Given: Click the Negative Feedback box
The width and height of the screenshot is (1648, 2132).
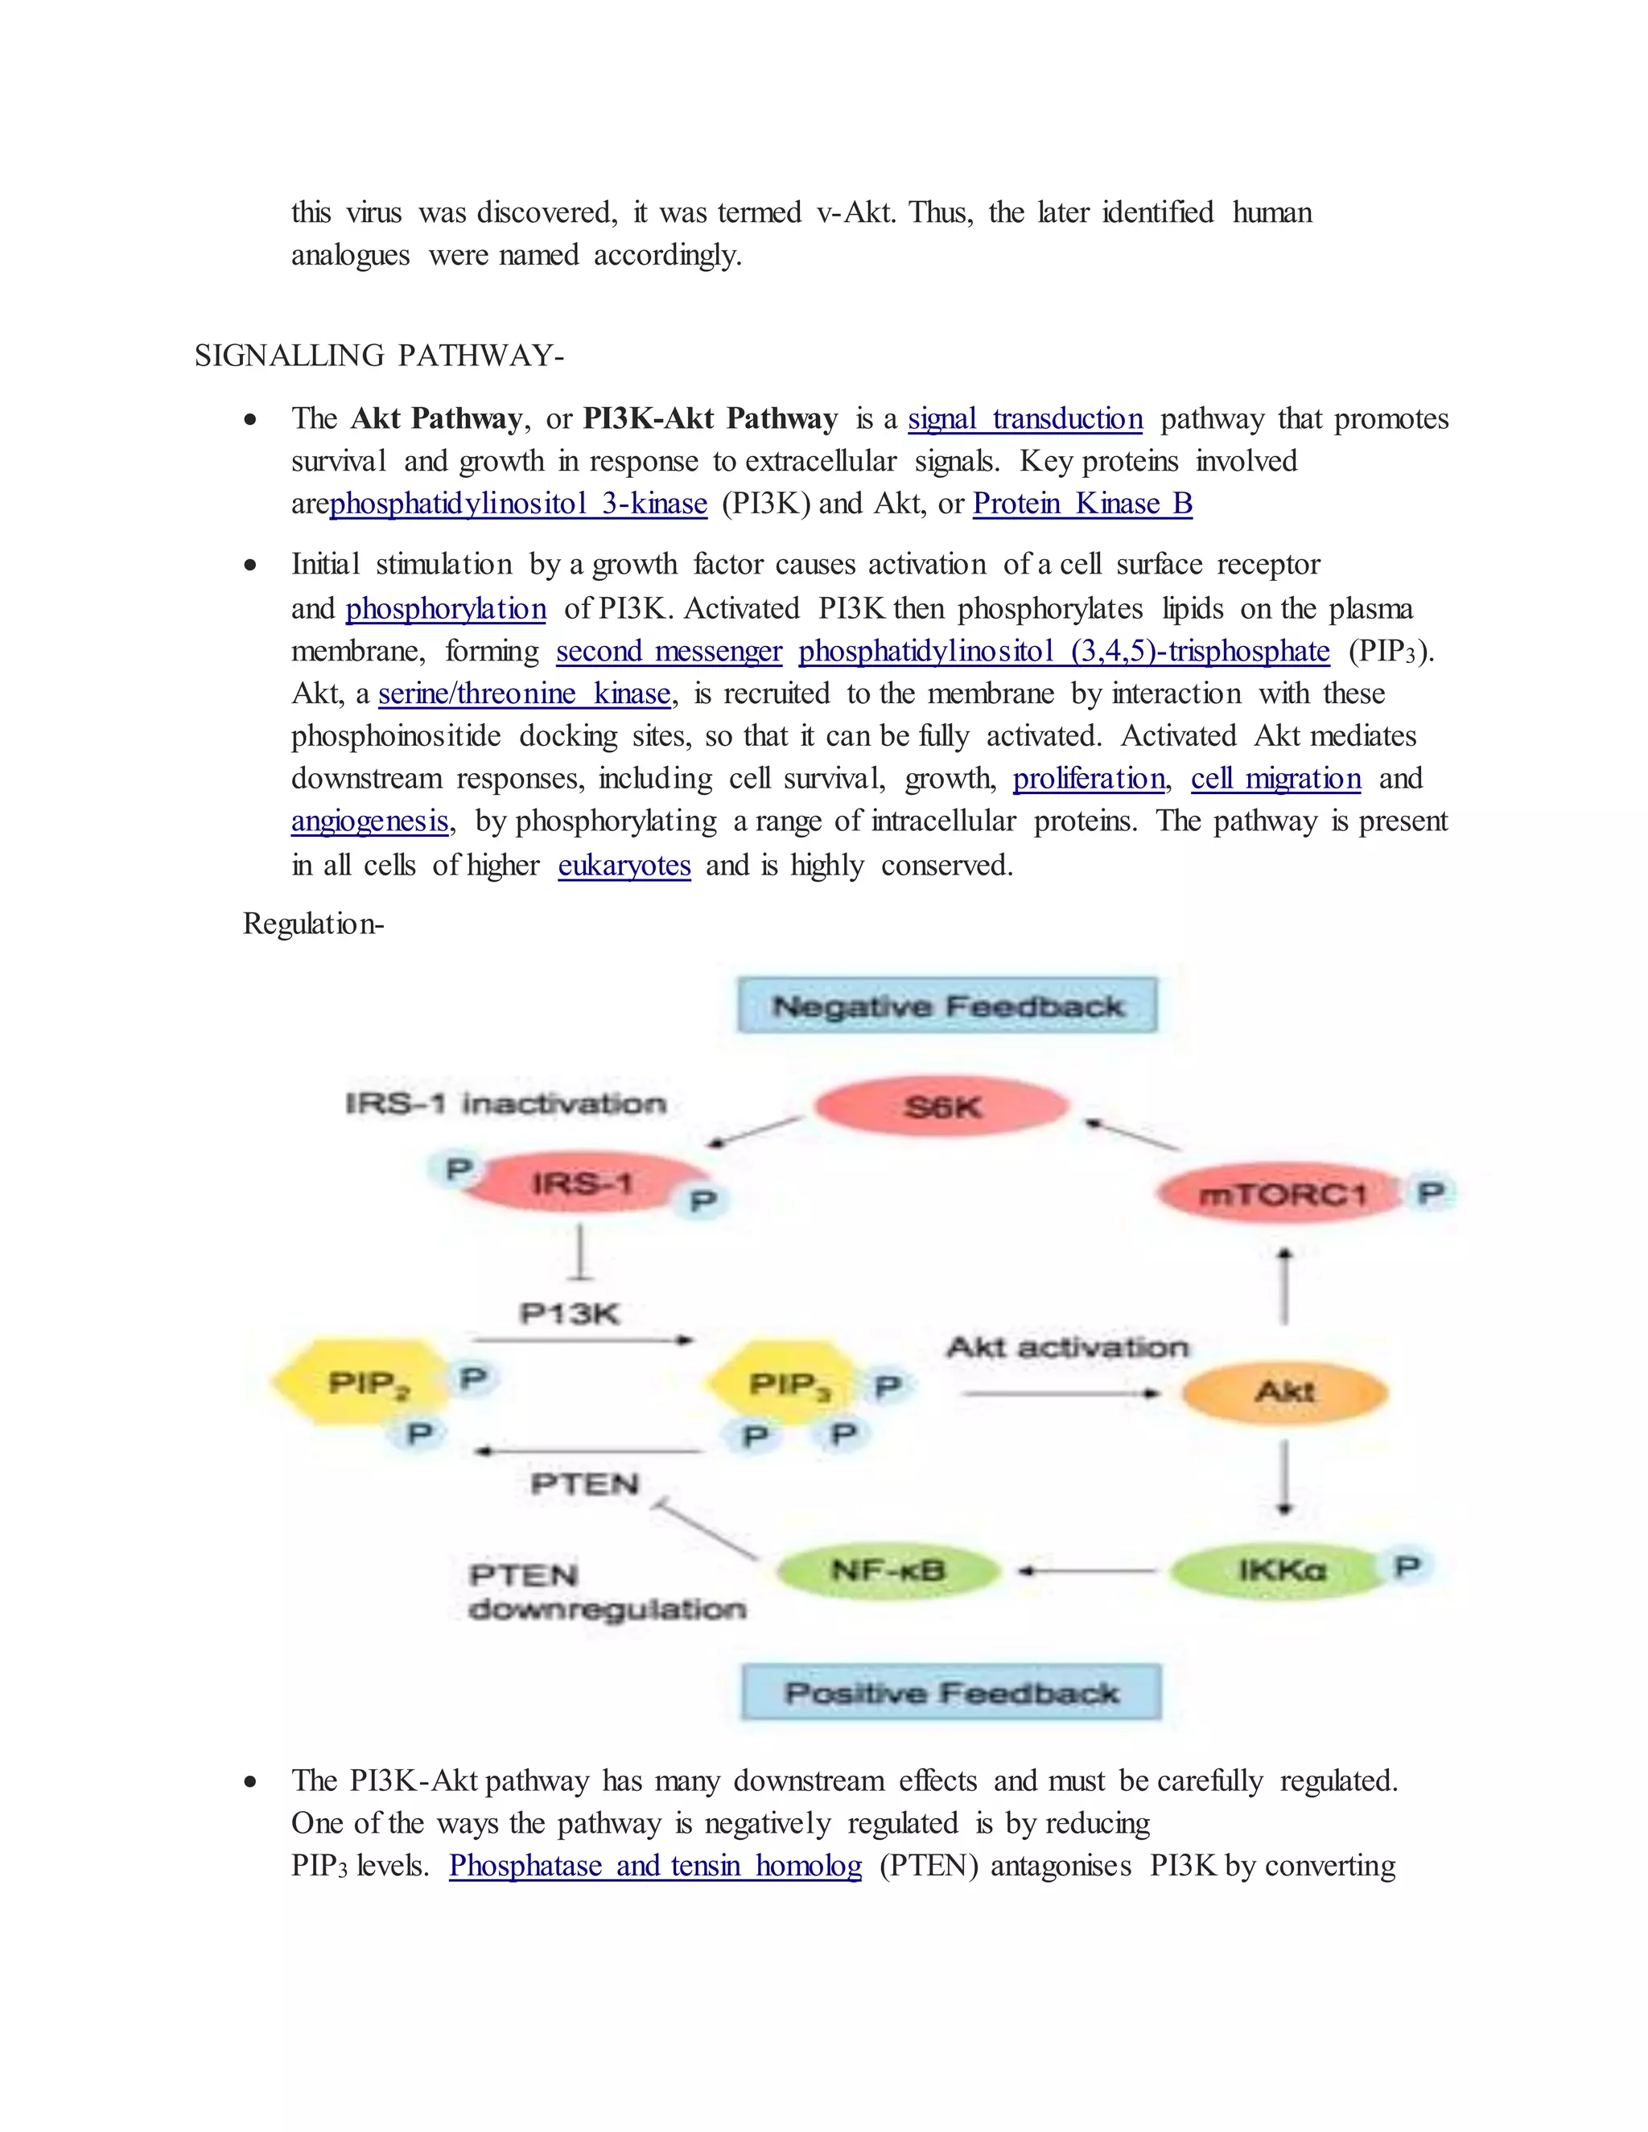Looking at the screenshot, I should (947, 1006).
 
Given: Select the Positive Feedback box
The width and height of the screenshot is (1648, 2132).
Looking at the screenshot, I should (952, 1693).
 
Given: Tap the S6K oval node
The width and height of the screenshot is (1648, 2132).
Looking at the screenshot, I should (942, 1107).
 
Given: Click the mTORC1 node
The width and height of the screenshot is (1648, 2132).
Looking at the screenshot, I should (1281, 1194).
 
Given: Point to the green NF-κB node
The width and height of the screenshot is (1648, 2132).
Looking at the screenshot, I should (888, 1570).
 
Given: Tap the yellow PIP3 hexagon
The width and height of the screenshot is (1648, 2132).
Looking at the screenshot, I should (787, 1385).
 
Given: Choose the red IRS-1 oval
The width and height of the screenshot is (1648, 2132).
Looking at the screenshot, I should (582, 1184).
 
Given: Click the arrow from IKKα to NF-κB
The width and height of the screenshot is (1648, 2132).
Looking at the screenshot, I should (1086, 1570).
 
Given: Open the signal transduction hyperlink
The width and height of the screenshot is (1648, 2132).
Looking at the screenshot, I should (1025, 419).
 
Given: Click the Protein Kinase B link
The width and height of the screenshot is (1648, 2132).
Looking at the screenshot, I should (1083, 504).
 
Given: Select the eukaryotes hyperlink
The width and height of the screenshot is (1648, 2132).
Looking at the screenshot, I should (624, 865).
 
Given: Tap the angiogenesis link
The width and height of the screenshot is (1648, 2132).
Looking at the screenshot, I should (370, 821).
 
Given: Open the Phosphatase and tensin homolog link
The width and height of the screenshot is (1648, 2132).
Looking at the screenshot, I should (655, 1866).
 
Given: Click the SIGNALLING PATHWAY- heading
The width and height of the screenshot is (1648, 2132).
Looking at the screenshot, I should (379, 356).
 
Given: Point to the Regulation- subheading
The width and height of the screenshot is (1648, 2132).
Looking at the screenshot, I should (313, 924).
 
